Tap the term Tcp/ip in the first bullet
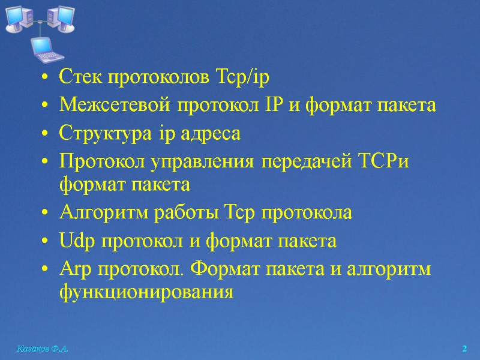(x=247, y=78)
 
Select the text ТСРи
(x=384, y=161)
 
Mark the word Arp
(x=74, y=269)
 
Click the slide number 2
(x=464, y=349)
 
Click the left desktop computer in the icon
(x=18, y=18)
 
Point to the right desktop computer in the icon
(x=61, y=18)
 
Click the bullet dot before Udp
(x=46, y=242)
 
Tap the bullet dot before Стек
(x=46, y=78)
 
